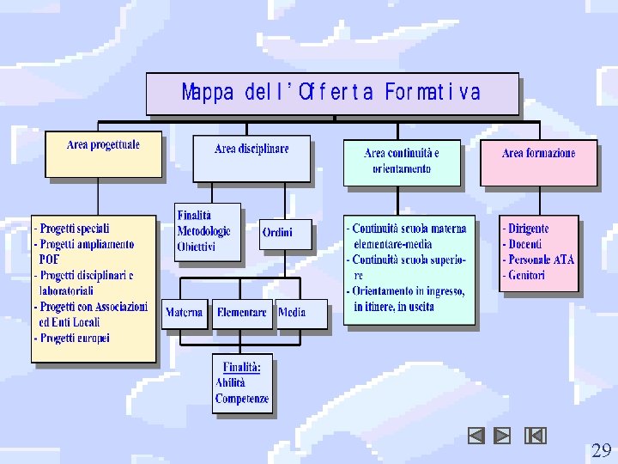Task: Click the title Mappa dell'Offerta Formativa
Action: pos(331,93)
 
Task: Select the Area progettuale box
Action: pos(103,153)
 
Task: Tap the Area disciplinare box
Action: pos(251,157)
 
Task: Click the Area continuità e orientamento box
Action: pos(402,161)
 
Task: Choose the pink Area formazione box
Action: pos(538,162)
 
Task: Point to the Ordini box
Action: pos(286,233)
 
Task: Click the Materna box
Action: pos(185,313)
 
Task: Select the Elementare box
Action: pos(242,313)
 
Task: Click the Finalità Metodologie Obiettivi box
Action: pos(208,231)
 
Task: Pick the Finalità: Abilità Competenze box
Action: pos(242,382)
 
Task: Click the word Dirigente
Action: pos(528,229)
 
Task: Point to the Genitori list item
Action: pos(526,275)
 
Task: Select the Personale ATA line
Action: pos(538,259)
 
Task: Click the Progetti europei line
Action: pos(73,338)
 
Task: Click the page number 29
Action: pos(601,450)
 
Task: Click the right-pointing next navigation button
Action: pos(503,436)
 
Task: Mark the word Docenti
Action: pos(524,244)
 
